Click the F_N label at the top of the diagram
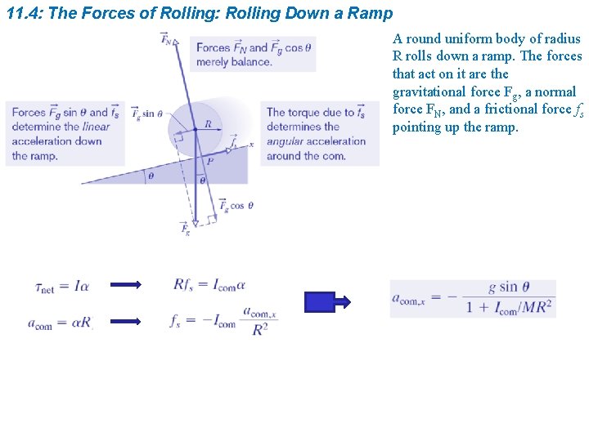166,38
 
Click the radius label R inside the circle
208,124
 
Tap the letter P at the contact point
209,162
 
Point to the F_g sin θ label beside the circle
147,114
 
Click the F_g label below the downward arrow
186,229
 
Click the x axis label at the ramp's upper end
251,144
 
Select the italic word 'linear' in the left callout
97,127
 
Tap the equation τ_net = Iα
61,286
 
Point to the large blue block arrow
327,302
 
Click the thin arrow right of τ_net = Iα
125,285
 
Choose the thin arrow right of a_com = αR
125,322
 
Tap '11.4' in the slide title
23,14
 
